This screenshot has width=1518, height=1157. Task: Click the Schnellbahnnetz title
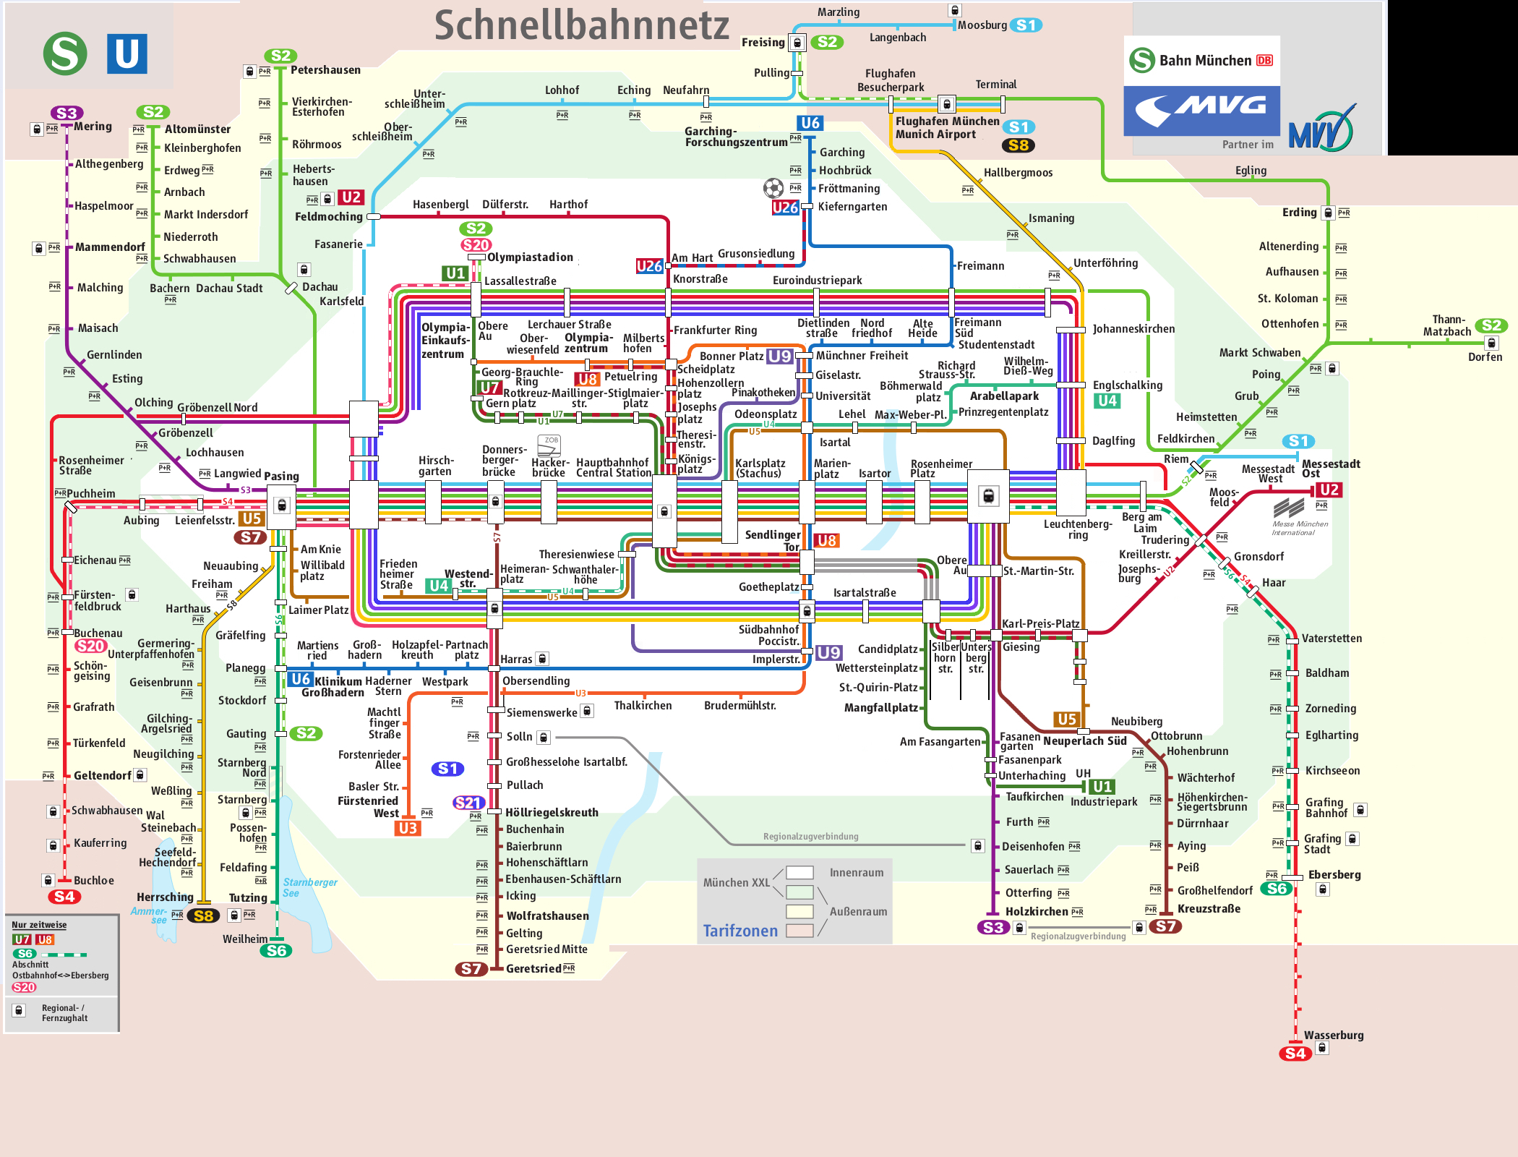click(x=581, y=25)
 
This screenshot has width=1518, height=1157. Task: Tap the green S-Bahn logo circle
click(x=65, y=54)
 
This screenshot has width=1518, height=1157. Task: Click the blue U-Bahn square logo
click(x=127, y=54)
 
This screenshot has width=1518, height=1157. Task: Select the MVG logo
click(x=1201, y=111)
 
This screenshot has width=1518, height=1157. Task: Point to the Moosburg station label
click(x=982, y=25)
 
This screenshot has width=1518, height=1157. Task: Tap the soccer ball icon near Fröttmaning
click(x=773, y=188)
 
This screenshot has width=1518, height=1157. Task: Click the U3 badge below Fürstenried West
click(x=408, y=828)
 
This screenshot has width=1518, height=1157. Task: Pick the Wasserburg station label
click(x=1334, y=1035)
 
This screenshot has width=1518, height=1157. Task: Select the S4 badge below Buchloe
click(x=64, y=897)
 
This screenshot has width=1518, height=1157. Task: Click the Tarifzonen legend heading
click(x=740, y=931)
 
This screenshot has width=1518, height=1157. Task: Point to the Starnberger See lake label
click(x=309, y=887)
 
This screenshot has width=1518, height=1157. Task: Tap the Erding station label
click(x=1299, y=213)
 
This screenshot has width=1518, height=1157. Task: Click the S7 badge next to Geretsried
click(x=471, y=969)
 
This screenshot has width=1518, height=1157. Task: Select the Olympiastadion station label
click(x=530, y=257)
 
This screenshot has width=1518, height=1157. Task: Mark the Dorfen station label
click(x=1485, y=357)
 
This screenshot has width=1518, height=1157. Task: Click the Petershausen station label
click(x=325, y=70)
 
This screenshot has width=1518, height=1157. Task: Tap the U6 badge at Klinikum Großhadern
click(x=301, y=679)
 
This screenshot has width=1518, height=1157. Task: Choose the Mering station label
click(x=93, y=127)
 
